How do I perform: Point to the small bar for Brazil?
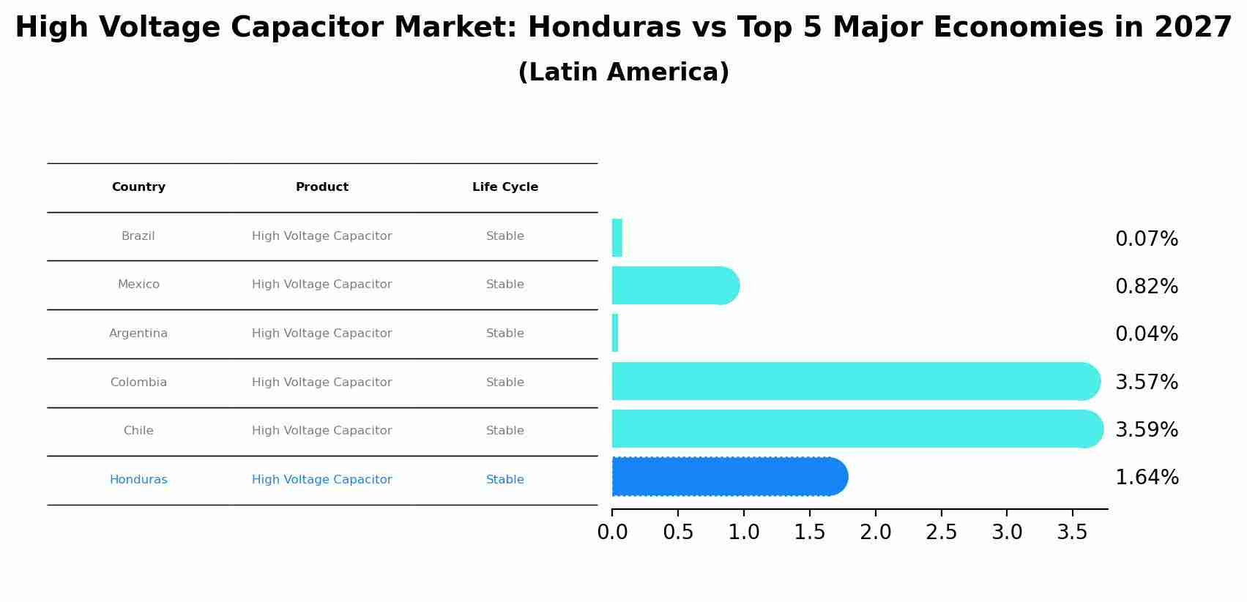617,238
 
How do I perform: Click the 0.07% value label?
1146,239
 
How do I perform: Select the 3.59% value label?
1146,430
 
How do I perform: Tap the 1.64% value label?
1146,478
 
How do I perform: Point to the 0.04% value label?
1146,334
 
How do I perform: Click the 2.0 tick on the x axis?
875,533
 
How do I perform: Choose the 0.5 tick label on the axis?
678,533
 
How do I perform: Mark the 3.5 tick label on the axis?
1072,533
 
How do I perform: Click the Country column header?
138,187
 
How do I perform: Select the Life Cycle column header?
505,187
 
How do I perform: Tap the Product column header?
321,187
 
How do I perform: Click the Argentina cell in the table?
138,334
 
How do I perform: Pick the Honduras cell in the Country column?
138,480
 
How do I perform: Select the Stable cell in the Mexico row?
505,285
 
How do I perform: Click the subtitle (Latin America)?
623,72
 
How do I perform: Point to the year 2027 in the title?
1193,28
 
